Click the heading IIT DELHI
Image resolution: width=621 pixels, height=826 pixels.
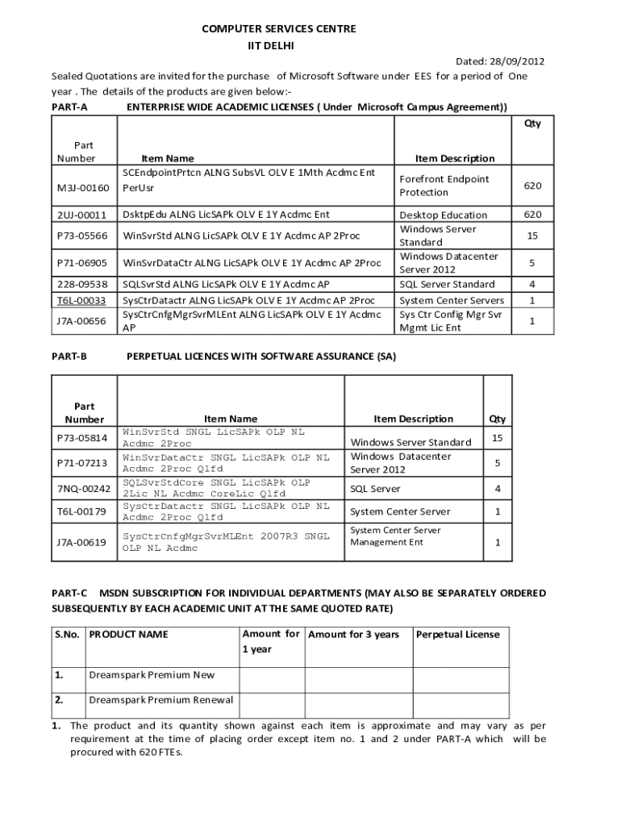[x=278, y=46]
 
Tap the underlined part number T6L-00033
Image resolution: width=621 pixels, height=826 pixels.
[x=81, y=300]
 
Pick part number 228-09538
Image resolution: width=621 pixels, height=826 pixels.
[x=81, y=285]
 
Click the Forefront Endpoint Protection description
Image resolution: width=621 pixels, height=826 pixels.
[x=444, y=186]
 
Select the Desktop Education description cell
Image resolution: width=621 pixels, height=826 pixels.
[x=443, y=215]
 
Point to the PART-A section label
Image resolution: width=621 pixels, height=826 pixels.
[x=69, y=106]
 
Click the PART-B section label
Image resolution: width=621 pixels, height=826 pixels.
[x=69, y=355]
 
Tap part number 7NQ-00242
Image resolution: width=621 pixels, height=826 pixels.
[x=83, y=489]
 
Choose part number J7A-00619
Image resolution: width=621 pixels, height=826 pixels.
[x=81, y=543]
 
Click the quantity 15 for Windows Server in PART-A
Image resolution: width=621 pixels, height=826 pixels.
[x=532, y=236]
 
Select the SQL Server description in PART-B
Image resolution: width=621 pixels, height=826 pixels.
[x=374, y=489]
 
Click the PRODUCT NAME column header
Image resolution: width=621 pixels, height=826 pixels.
[x=128, y=635]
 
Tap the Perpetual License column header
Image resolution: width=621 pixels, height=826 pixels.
[x=457, y=634]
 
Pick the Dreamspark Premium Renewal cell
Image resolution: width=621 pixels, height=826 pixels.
[x=160, y=700]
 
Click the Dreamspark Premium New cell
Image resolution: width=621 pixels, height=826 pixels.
[x=152, y=674]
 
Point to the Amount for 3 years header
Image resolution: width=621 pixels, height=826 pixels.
[x=354, y=635]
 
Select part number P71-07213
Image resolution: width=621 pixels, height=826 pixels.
[x=81, y=463]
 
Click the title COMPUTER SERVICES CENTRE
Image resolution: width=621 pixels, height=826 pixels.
[x=278, y=29]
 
